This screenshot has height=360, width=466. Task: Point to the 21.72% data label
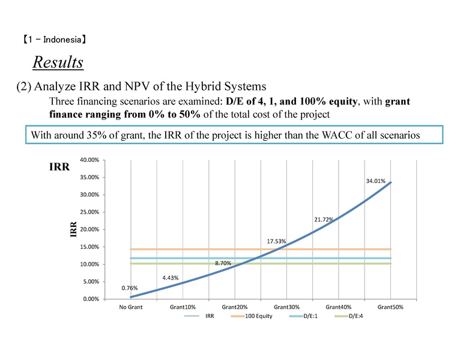coord(323,220)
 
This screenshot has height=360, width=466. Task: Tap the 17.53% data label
coord(276,242)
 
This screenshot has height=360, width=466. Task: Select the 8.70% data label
coord(223,263)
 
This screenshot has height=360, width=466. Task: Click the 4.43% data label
coord(171,277)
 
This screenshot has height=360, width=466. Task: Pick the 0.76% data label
coord(130,288)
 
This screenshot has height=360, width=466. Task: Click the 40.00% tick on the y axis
coord(89,160)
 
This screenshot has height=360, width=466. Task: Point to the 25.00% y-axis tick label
coord(89,212)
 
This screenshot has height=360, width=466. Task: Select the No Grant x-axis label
coord(130,307)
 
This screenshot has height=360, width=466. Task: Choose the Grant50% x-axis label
coord(390,307)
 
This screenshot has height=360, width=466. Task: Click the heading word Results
coord(58,62)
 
